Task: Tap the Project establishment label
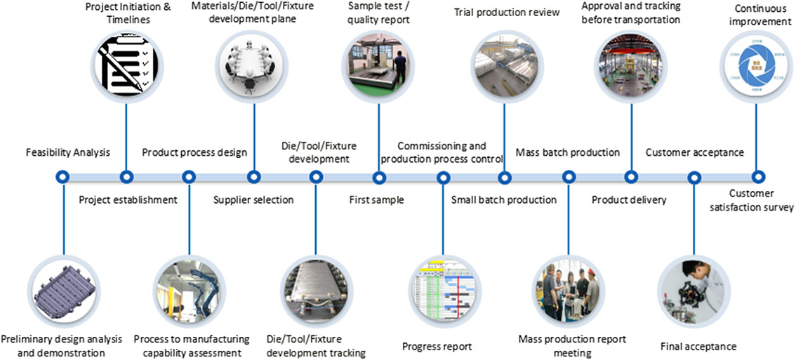click(128, 200)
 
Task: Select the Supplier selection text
click(253, 200)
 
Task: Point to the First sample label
click(376, 200)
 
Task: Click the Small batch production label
click(503, 200)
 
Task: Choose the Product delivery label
click(629, 200)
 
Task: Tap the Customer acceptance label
click(694, 152)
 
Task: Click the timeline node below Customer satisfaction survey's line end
click(757, 177)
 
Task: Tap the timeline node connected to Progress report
click(443, 177)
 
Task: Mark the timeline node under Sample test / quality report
click(379, 177)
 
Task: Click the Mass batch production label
click(567, 152)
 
